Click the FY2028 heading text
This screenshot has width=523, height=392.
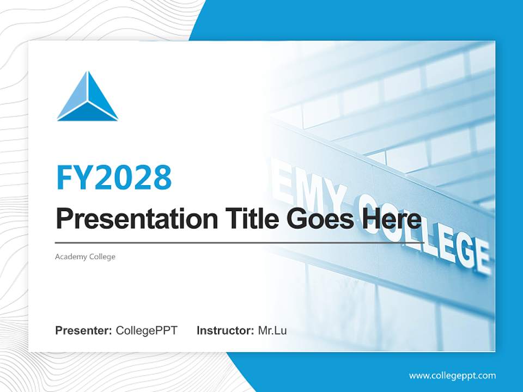point(114,177)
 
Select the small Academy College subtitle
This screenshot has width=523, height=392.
point(85,256)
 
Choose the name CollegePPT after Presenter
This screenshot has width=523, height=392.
point(147,330)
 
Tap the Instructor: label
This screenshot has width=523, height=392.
point(225,330)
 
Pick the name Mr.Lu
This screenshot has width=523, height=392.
point(272,330)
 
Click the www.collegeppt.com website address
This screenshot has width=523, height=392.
point(452,376)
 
